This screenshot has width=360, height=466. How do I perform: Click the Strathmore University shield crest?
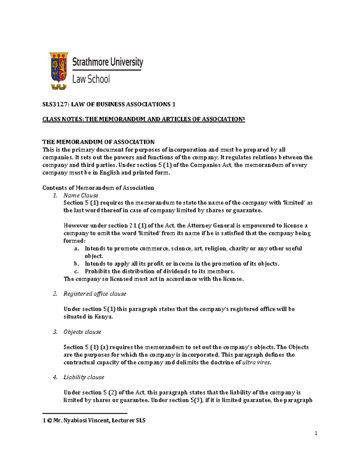click(x=58, y=68)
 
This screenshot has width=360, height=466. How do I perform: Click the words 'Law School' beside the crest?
click(x=91, y=79)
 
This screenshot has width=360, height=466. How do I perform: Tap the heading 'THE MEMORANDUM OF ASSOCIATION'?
click(x=98, y=142)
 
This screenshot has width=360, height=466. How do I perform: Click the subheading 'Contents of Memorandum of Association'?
click(x=98, y=188)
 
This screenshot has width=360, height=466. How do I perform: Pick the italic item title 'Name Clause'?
click(x=81, y=195)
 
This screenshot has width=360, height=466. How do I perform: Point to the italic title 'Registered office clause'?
click(x=95, y=294)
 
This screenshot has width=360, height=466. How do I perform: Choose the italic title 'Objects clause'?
click(x=82, y=332)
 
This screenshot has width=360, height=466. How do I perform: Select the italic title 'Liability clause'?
click(x=84, y=377)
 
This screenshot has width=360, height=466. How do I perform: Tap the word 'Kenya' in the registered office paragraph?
click(x=103, y=317)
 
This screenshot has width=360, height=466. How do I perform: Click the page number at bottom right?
click(x=316, y=433)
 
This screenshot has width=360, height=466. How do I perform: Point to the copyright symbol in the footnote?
click(x=49, y=421)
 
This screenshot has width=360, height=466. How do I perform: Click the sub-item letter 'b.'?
click(x=76, y=264)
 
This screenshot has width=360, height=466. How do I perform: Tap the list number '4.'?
click(x=55, y=377)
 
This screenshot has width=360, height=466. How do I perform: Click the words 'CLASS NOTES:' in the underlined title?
click(x=63, y=119)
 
